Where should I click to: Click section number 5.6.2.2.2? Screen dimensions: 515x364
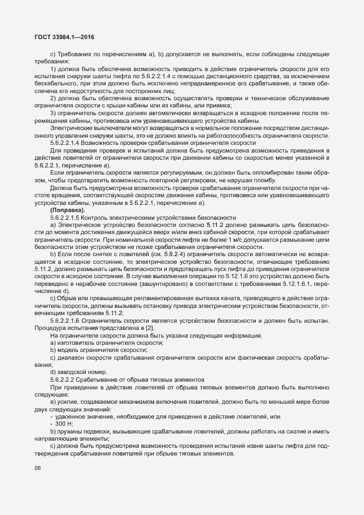point(66,380)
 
